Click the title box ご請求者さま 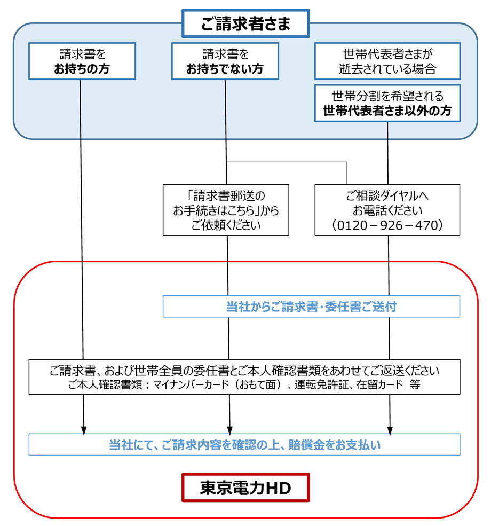click(245, 23)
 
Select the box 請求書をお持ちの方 click(82, 61)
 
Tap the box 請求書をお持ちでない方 click(225, 61)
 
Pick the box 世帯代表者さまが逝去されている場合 click(387, 61)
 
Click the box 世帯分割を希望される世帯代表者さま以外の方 click(387, 103)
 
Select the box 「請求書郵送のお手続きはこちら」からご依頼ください click(226, 210)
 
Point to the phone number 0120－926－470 click(387, 226)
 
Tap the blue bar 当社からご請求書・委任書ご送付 click(311, 307)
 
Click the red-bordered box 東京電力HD click(245, 488)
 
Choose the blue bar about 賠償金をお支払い click(244, 444)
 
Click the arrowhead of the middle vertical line click(230, 428)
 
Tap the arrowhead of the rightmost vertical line click(390, 428)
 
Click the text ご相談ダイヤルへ click(387, 194)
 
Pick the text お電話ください click(387, 209)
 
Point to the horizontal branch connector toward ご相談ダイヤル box click(288, 162)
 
